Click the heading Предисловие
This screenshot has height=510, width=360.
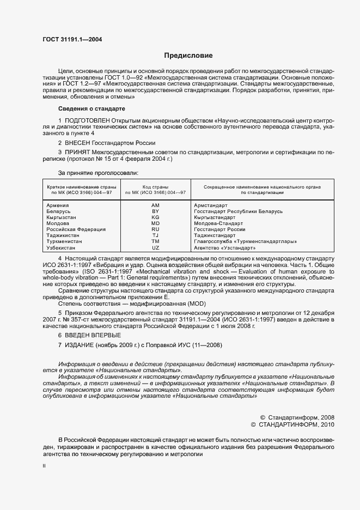coord(189,56)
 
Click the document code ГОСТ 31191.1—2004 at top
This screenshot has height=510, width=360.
coord(71,39)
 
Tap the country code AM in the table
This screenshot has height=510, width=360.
coord(155,205)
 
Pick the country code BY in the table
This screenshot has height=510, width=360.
coord(155,211)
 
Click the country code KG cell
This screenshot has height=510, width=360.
coord(155,217)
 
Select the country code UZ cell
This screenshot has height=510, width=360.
coord(155,247)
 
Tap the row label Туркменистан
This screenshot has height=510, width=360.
coord(64,241)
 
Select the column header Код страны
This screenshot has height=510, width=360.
coord(155,187)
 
